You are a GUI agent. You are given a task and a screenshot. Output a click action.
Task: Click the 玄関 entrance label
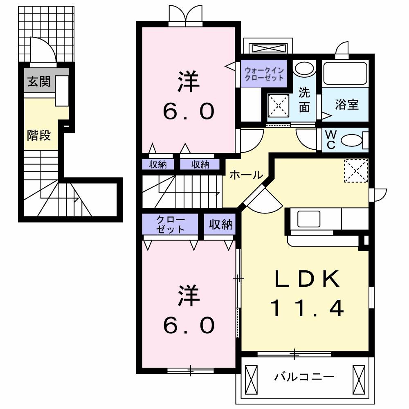tap(39, 81)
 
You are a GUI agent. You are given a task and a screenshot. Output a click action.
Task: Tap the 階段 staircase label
tap(39, 135)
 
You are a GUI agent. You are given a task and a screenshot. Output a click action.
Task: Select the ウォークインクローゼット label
tap(264, 74)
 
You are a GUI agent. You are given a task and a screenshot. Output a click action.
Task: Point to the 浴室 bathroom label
tap(347, 105)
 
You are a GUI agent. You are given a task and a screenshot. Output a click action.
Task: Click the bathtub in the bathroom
tap(346, 73)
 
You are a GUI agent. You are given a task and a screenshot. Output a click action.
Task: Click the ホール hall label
tap(245, 175)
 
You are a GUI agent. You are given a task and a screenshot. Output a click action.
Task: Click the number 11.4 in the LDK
tap(307, 309)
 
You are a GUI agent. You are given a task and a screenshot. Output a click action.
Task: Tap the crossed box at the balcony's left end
tap(250, 378)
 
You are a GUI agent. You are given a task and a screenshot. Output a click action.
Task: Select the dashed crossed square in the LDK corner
tap(355, 170)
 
